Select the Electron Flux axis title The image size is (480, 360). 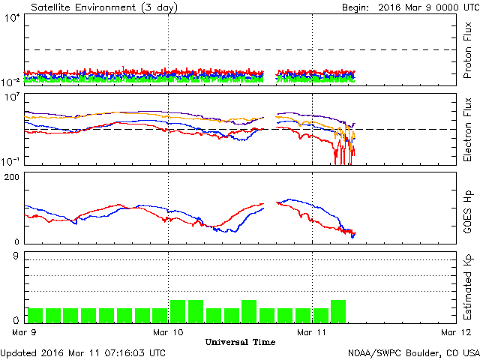point(467,129)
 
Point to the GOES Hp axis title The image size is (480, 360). point(467,208)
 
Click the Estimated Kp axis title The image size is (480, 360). point(467,288)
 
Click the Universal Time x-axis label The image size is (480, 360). point(240,342)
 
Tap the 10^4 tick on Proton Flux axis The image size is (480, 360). point(13,19)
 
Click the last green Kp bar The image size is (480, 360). point(338,311)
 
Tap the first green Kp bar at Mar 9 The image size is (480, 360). point(35,315)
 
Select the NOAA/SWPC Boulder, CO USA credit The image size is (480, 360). point(413,352)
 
